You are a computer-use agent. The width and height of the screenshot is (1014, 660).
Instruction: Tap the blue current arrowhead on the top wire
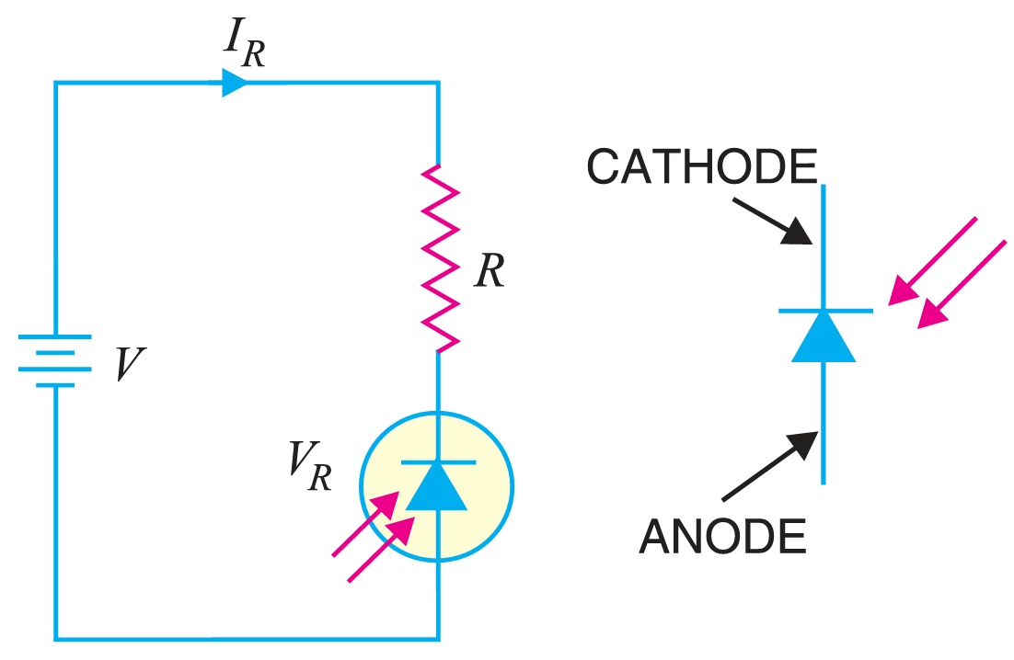[x=236, y=84]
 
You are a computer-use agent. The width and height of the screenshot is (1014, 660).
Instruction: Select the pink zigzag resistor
[x=440, y=258]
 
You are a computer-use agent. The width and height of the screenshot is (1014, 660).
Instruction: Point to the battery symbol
[x=55, y=360]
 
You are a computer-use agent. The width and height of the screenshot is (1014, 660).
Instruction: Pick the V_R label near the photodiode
[x=308, y=468]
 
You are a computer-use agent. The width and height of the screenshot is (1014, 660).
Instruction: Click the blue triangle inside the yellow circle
[x=437, y=487]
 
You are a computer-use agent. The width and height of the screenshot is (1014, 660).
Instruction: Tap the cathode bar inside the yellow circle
[x=438, y=461]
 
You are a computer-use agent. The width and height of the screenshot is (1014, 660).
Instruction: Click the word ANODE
[x=722, y=537]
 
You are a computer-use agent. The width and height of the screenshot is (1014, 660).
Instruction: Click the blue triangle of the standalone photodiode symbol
[x=824, y=336]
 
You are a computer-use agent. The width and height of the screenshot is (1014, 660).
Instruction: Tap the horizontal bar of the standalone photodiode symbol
[x=824, y=311]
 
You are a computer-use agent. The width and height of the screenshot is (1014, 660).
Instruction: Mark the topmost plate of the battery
[x=55, y=337]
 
